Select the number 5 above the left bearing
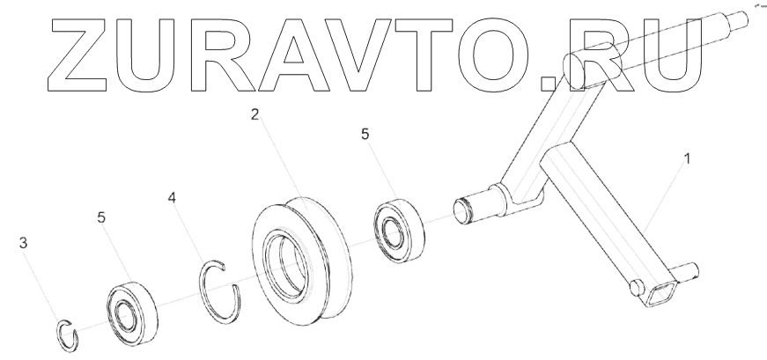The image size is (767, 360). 102,217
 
